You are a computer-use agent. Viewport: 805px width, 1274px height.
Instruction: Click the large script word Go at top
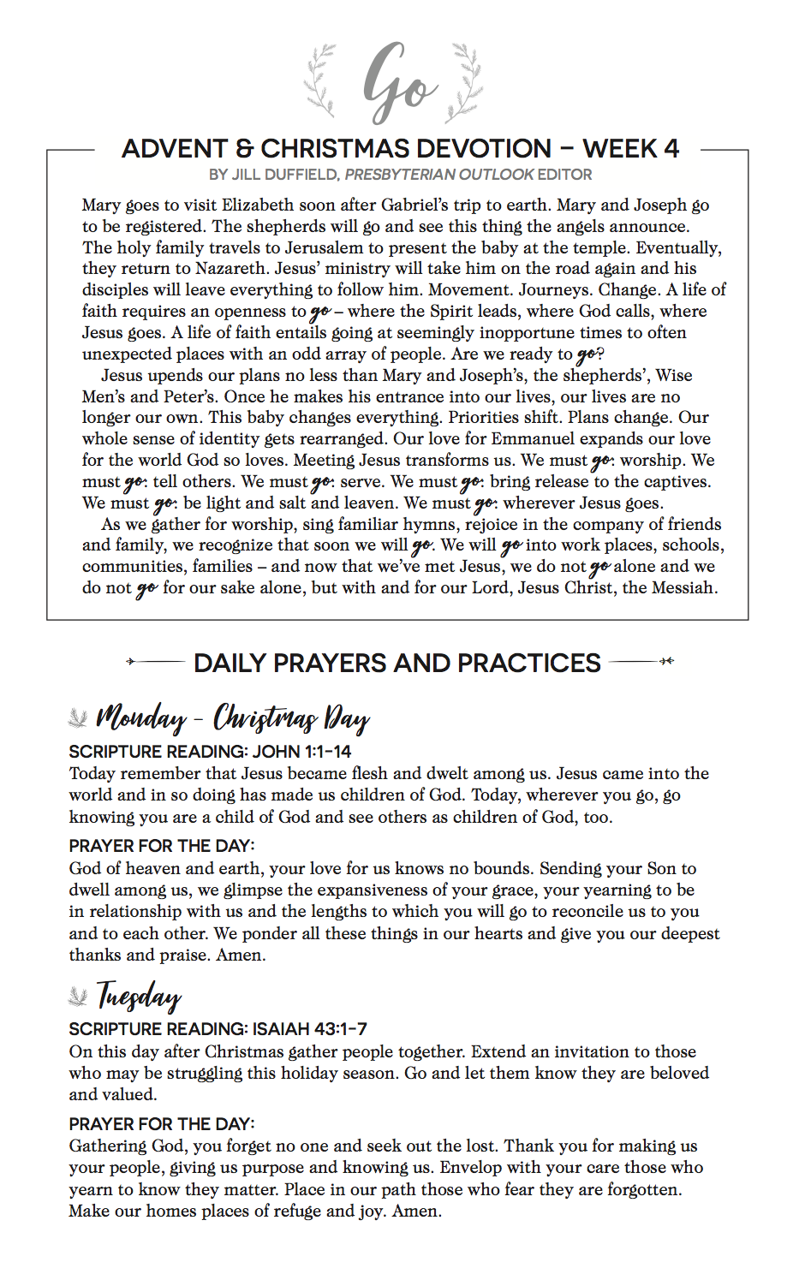(x=399, y=81)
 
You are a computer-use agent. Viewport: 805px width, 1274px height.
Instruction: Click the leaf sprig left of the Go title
(x=321, y=80)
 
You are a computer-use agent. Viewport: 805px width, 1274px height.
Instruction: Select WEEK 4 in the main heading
(x=630, y=149)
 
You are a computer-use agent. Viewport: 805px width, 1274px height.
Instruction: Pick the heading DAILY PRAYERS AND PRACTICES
(x=397, y=663)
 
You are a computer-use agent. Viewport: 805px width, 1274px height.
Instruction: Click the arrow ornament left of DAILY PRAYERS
(x=154, y=661)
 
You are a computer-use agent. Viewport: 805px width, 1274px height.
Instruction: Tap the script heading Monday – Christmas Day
(x=232, y=717)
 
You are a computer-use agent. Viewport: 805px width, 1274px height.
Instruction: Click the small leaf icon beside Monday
(x=78, y=717)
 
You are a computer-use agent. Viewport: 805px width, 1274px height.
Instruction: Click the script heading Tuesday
(x=139, y=996)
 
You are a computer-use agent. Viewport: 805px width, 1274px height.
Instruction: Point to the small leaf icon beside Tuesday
(x=78, y=996)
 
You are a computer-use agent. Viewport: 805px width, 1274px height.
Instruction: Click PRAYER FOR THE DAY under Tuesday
(x=162, y=1124)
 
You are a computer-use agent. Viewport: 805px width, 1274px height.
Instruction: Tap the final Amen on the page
(x=416, y=1211)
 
